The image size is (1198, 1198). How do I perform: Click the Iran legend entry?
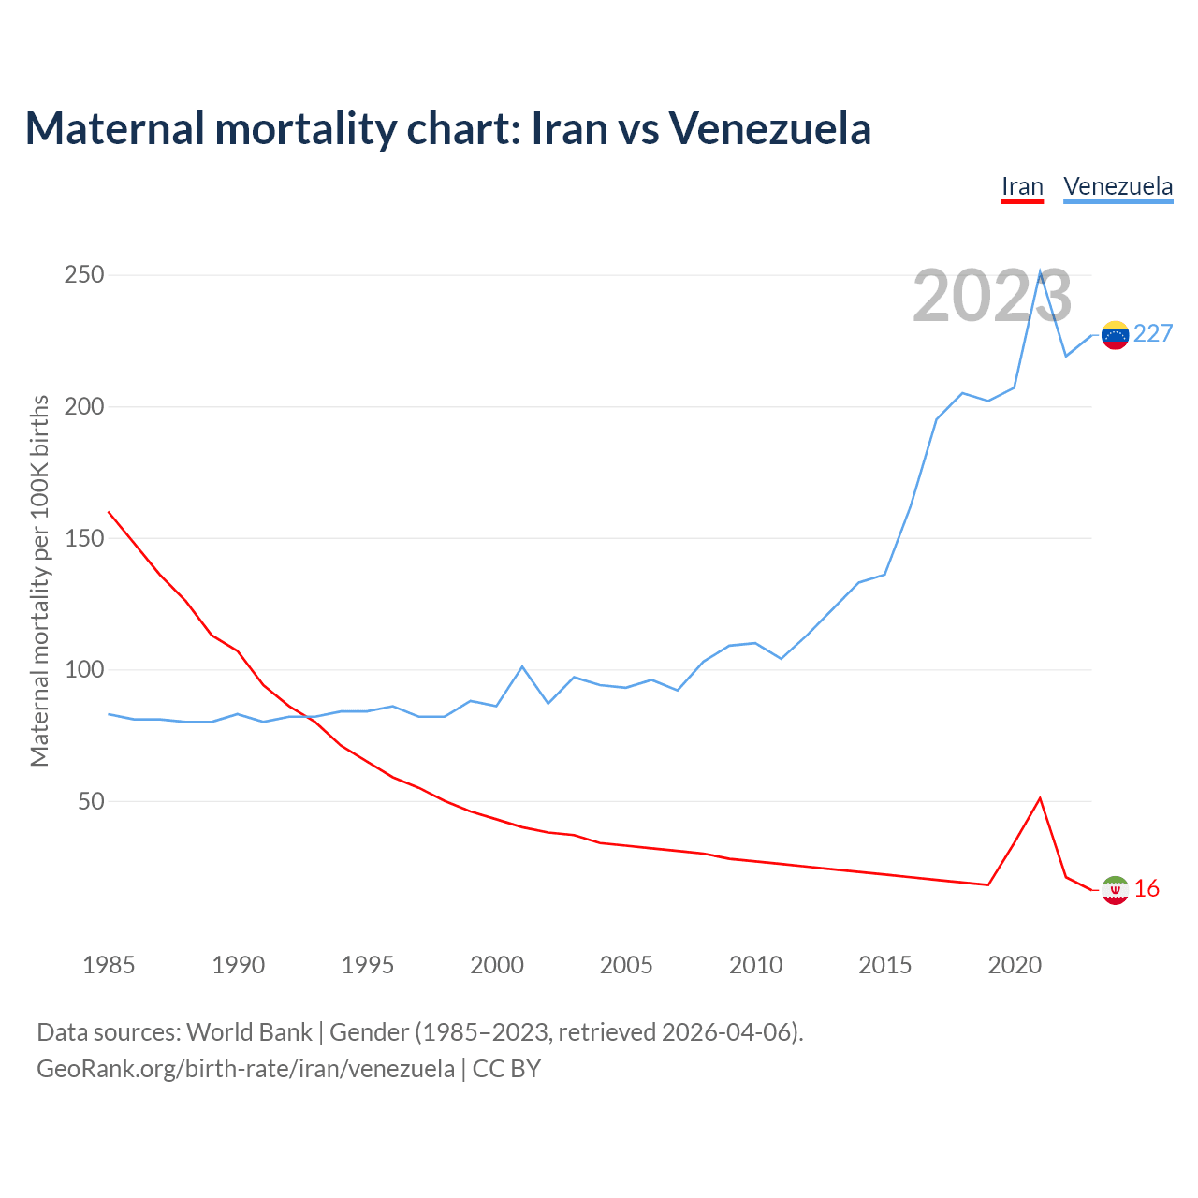coord(1022,186)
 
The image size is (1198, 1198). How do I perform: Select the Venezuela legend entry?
coord(1118,186)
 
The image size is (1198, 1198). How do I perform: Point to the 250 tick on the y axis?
coord(84,275)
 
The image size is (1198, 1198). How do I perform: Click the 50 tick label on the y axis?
coord(91,802)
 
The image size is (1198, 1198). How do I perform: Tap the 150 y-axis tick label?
coord(84,538)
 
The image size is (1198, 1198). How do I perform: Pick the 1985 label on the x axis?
coord(109,965)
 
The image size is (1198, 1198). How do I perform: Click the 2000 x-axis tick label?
coord(497,965)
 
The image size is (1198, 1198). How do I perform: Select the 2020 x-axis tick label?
coord(1015,965)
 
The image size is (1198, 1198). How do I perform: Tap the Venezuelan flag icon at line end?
coord(1115,334)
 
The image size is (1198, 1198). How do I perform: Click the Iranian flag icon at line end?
coord(1115,890)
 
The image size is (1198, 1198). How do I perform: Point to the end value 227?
coord(1153,334)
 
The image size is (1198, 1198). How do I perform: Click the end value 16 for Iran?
coord(1147,889)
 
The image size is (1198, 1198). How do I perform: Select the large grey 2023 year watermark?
coord(992,297)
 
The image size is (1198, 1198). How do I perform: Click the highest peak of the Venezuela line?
coord(1040,272)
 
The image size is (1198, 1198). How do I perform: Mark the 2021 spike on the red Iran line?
coord(1040,798)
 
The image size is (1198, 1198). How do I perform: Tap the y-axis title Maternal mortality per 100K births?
coord(39,580)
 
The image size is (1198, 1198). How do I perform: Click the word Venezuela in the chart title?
coord(769,129)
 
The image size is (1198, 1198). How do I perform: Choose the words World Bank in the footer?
coord(249,1032)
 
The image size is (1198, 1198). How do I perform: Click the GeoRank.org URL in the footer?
coord(245,1069)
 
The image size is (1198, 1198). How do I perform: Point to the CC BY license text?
coord(506,1069)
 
